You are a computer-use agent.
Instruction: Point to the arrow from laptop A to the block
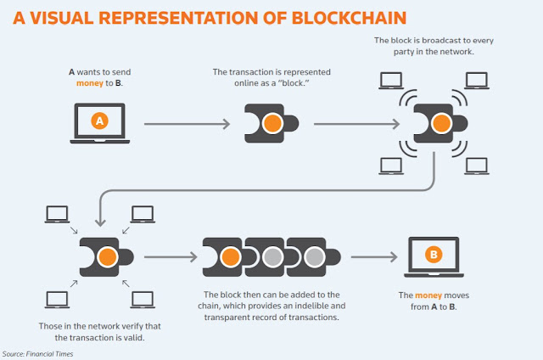[187, 125]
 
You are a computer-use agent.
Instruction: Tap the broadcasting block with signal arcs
[439, 123]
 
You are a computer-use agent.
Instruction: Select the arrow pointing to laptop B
[373, 256]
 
